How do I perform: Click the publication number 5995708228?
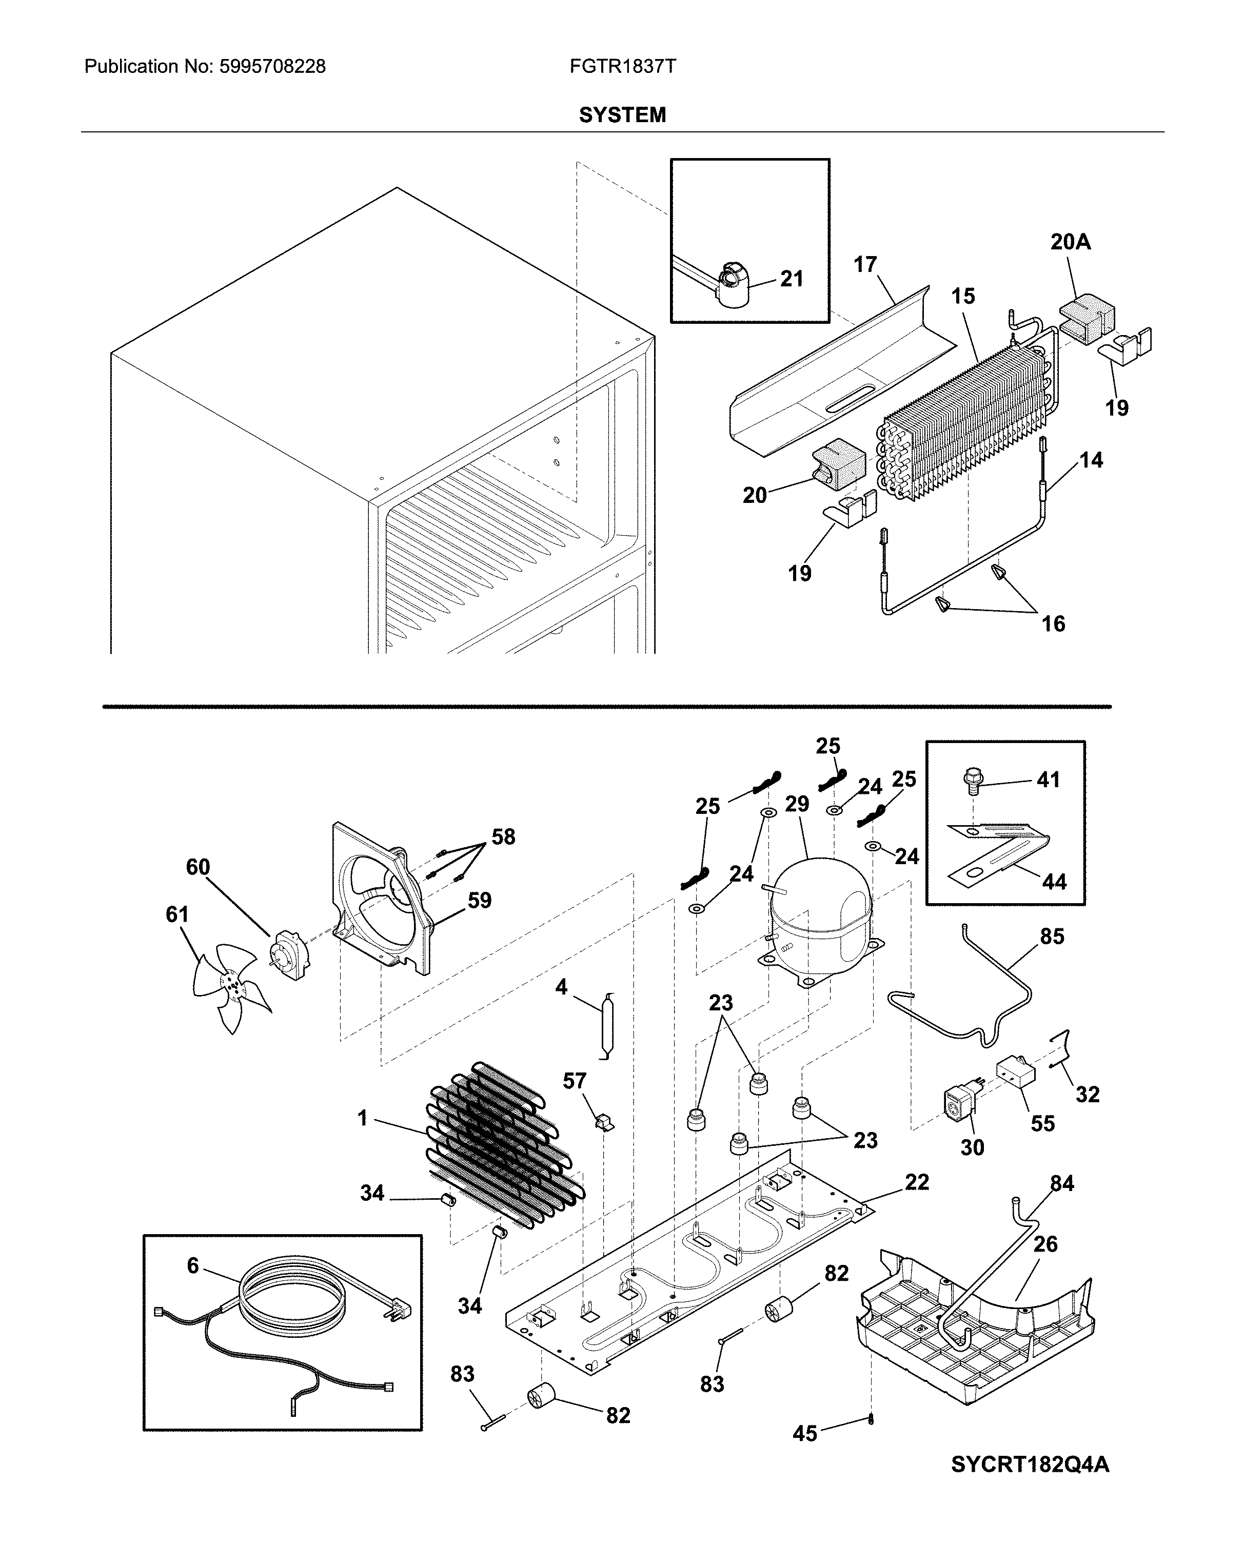(272, 67)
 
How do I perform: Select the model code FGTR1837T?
(622, 67)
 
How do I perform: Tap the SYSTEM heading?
(622, 114)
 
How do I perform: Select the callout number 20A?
(1071, 242)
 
